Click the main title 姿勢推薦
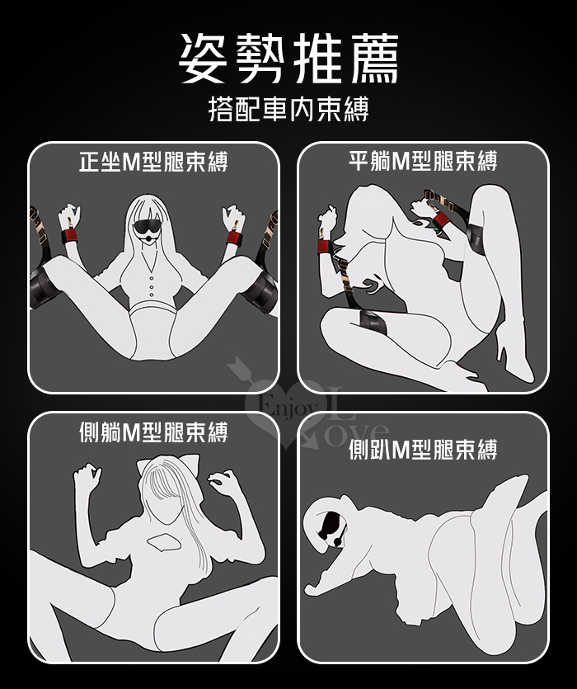point(288,59)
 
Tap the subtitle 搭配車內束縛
point(288,109)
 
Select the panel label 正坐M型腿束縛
point(153,161)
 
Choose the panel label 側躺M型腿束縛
point(153,432)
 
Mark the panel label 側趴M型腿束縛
point(423,450)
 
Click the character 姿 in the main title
point(204,59)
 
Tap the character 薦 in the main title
point(374,59)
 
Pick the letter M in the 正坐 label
point(130,162)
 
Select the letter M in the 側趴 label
point(400,450)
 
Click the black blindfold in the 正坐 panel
point(148,228)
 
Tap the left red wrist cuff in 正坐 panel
point(69,236)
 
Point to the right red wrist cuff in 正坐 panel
point(235,238)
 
